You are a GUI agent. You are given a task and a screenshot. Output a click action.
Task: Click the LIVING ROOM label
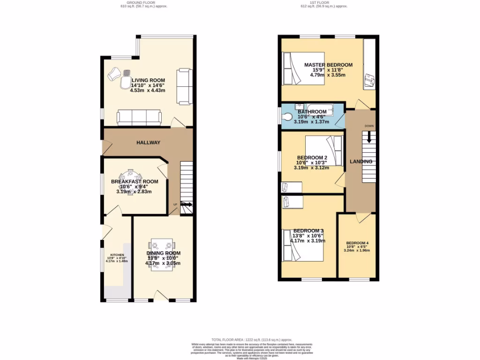[148, 80]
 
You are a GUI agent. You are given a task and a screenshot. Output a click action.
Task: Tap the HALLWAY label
[149, 142]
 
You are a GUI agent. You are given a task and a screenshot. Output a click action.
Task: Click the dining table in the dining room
[162, 252]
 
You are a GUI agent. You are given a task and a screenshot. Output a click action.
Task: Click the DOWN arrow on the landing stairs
[369, 136]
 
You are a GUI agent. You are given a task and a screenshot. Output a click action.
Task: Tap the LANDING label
[360, 162]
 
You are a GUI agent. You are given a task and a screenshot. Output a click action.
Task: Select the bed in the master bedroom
[303, 68]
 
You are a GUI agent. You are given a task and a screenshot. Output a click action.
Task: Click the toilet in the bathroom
[287, 116]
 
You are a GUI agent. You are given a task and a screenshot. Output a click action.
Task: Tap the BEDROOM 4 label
[357, 243]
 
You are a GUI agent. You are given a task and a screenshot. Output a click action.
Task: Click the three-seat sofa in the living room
[139, 118]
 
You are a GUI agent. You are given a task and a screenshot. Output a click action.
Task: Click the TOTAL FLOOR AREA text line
[252, 339]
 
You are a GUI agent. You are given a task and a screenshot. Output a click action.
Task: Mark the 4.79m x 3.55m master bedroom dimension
[328, 75]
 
